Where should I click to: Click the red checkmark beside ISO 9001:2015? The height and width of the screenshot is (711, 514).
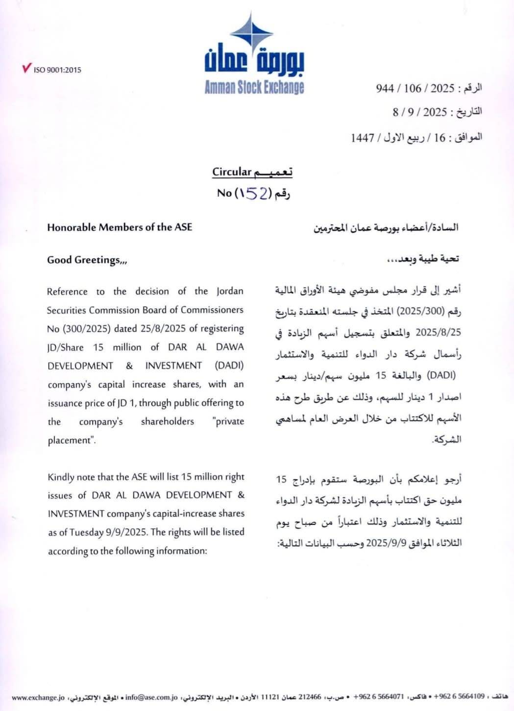[26, 68]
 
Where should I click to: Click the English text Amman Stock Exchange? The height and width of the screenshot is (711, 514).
[254, 88]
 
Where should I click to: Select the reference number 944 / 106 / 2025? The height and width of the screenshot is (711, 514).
[415, 88]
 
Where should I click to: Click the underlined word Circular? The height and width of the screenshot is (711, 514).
[232, 172]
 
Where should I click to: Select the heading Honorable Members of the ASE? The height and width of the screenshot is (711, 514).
[120, 227]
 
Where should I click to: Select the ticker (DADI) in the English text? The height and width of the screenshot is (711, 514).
[229, 366]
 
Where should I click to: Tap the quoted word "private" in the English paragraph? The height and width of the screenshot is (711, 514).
[229, 421]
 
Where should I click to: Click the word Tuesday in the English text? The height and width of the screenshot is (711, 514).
[86, 533]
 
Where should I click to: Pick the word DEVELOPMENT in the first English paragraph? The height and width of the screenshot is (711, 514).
[80, 366]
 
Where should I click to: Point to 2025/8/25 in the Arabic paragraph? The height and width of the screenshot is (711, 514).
[438, 332]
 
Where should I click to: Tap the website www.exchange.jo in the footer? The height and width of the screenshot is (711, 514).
[38, 697]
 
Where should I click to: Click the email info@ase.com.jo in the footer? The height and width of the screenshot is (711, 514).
[151, 697]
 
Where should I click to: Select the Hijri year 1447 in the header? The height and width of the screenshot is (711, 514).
[363, 138]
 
